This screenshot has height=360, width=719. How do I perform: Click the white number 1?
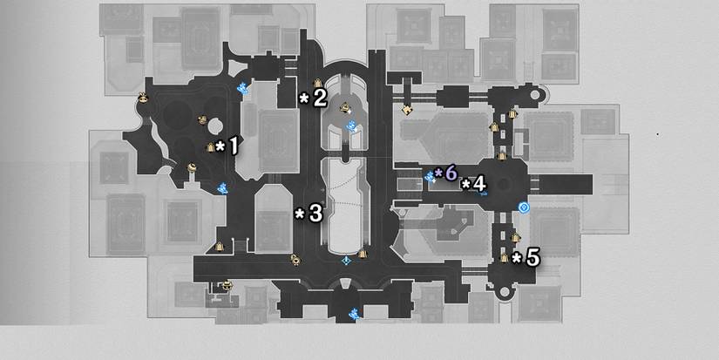233,146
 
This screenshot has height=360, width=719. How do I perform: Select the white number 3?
315,213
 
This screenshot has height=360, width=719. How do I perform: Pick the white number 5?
532,258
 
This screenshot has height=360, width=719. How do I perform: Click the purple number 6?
451,173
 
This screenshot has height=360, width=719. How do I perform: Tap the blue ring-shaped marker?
524,207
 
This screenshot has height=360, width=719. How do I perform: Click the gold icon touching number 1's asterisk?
210,148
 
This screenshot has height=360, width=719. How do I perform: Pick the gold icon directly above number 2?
318,84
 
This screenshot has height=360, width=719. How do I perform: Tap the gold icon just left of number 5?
508,256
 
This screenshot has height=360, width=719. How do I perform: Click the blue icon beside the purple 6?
430,177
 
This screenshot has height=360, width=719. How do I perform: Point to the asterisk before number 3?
299,214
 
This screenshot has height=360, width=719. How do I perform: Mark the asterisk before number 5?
517,259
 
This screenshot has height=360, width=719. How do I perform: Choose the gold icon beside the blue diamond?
363,255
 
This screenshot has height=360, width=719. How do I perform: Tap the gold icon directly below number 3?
295,259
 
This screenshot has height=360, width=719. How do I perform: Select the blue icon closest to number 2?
352,126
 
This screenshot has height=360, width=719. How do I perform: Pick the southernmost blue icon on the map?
353,313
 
